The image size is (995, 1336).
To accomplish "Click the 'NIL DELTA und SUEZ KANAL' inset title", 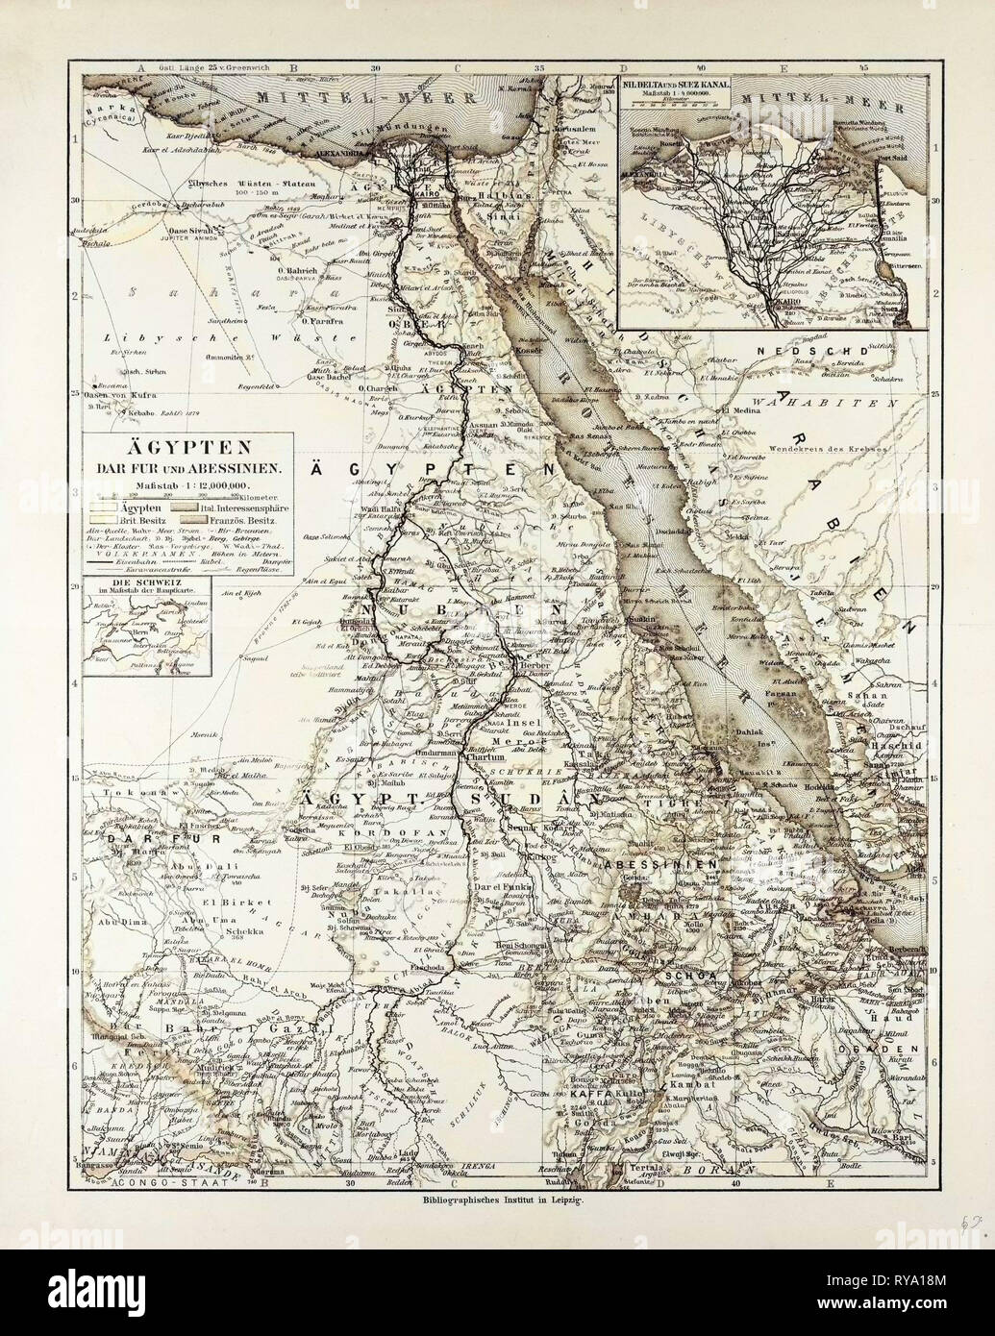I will pos(678,84).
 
